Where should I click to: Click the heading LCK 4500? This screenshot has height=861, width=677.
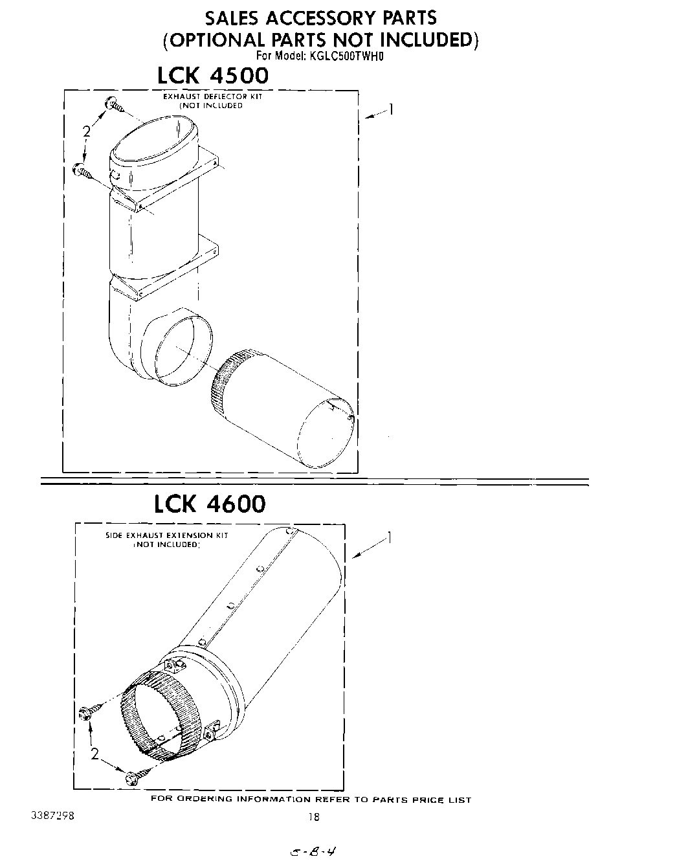(213, 76)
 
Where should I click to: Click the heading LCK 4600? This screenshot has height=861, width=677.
(210, 504)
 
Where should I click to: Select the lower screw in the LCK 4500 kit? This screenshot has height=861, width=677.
(85, 171)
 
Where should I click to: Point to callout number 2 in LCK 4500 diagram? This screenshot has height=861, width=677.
(86, 132)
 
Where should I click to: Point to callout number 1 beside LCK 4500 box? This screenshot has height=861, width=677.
(390, 109)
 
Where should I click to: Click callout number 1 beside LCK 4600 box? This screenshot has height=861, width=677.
(388, 537)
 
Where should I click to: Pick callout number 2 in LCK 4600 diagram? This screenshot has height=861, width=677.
(95, 754)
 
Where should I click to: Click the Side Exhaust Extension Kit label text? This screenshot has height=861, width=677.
(167, 540)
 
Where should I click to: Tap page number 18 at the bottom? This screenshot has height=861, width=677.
(313, 817)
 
